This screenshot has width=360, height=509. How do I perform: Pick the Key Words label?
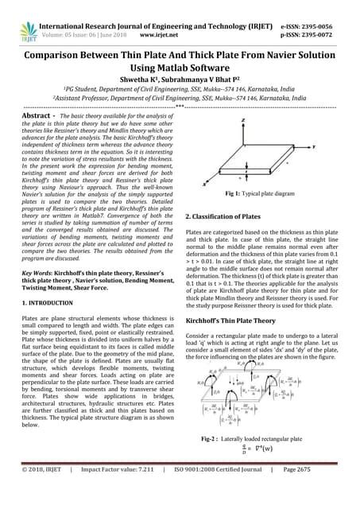point(32,273)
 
